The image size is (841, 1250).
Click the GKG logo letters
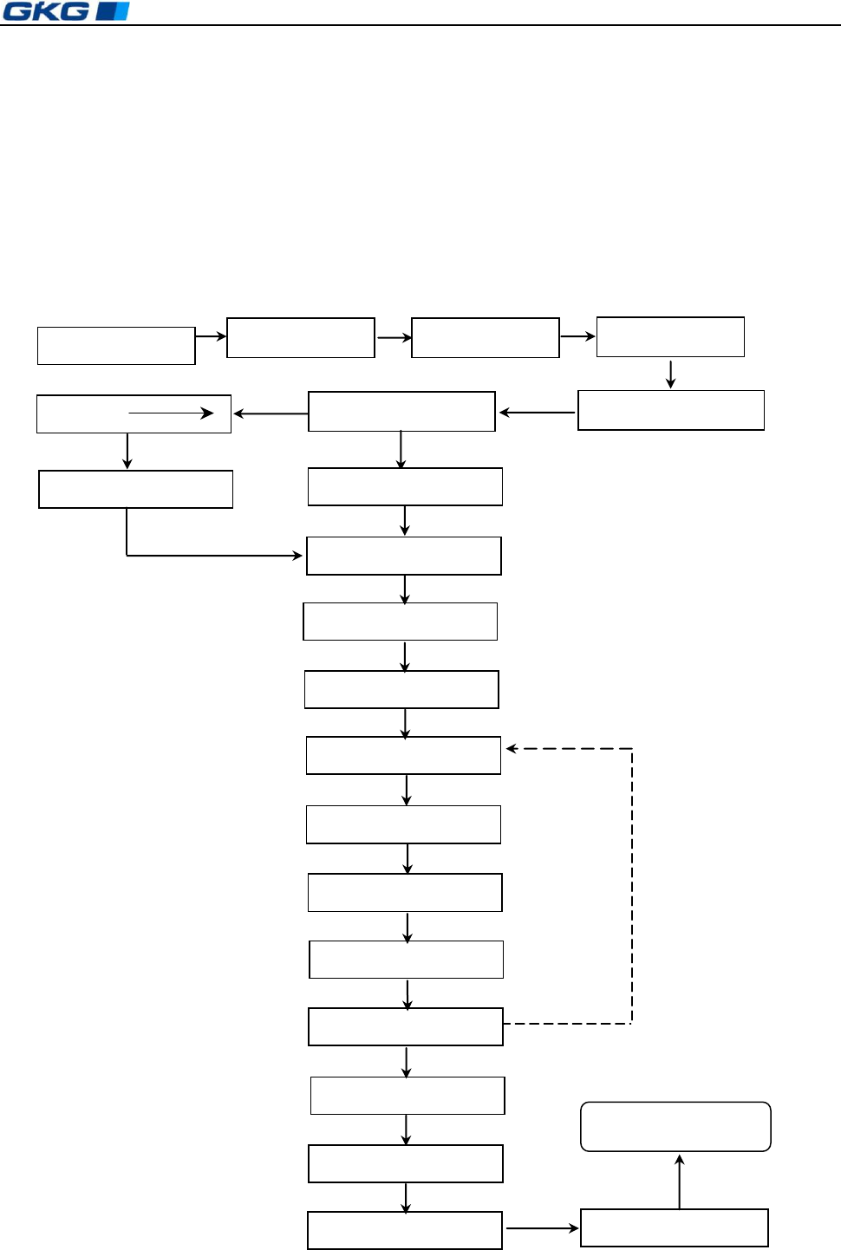click(x=46, y=11)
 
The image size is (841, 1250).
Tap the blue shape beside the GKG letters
click(x=113, y=11)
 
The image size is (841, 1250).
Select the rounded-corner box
click(x=675, y=1126)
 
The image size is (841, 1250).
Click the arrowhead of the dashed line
click(x=512, y=748)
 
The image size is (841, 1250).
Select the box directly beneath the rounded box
click(x=675, y=1227)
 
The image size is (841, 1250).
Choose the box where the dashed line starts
click(x=406, y=1026)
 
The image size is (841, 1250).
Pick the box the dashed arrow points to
click(x=403, y=755)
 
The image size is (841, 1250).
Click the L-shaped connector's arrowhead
click(x=297, y=555)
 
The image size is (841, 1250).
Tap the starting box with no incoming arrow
click(x=116, y=346)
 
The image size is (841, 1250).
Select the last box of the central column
click(x=405, y=1230)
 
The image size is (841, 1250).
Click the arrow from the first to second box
click(x=211, y=336)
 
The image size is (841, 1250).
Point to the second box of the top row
click(x=301, y=338)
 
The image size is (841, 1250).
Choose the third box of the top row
click(x=486, y=338)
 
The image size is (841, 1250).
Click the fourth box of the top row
click(x=670, y=337)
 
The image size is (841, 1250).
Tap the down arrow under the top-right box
click(x=670, y=374)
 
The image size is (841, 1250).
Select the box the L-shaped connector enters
click(x=404, y=556)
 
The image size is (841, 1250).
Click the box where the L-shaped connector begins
click(x=136, y=489)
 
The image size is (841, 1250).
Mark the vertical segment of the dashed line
click(x=632, y=884)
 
